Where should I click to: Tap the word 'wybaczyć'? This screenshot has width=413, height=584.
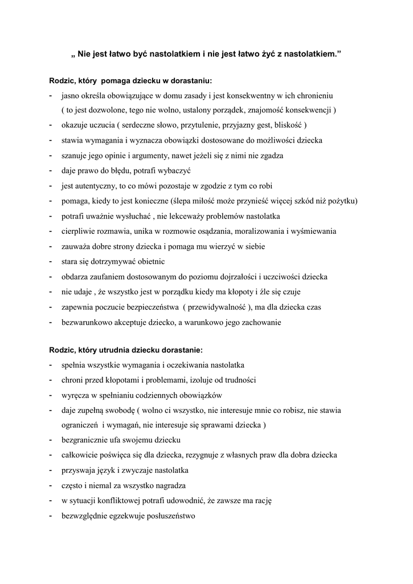point(175,170)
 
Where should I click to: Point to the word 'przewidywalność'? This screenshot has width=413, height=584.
point(219,307)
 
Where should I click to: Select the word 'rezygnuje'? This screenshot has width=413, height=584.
point(196,456)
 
